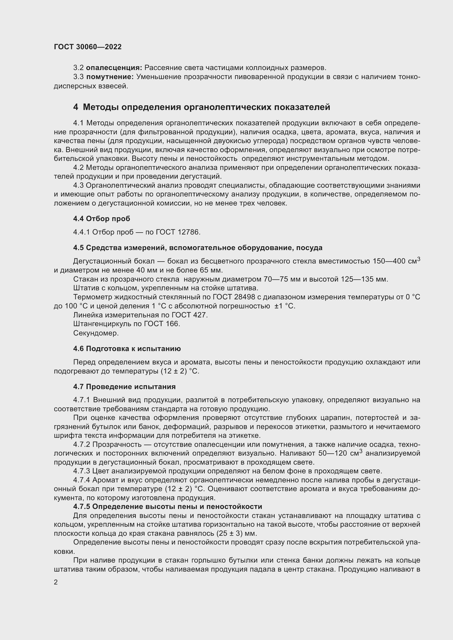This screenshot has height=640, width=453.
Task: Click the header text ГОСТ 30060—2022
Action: [x=88, y=47]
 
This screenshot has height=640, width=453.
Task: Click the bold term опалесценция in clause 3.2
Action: [x=114, y=68]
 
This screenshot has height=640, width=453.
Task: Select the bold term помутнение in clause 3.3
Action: [x=110, y=77]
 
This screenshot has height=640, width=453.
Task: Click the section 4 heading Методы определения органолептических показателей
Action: [x=201, y=107]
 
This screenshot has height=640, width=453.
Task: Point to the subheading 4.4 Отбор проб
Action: [x=102, y=219]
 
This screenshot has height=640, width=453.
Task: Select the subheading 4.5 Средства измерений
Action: [x=197, y=248]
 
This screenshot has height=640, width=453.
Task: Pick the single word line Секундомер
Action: [x=96, y=333]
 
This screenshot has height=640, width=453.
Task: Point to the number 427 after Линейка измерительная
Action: [x=200, y=315]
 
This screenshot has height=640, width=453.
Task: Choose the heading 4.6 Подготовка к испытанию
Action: [x=127, y=349]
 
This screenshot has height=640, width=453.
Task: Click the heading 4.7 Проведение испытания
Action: [x=124, y=387]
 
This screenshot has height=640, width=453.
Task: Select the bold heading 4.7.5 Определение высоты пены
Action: [x=167, y=506]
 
